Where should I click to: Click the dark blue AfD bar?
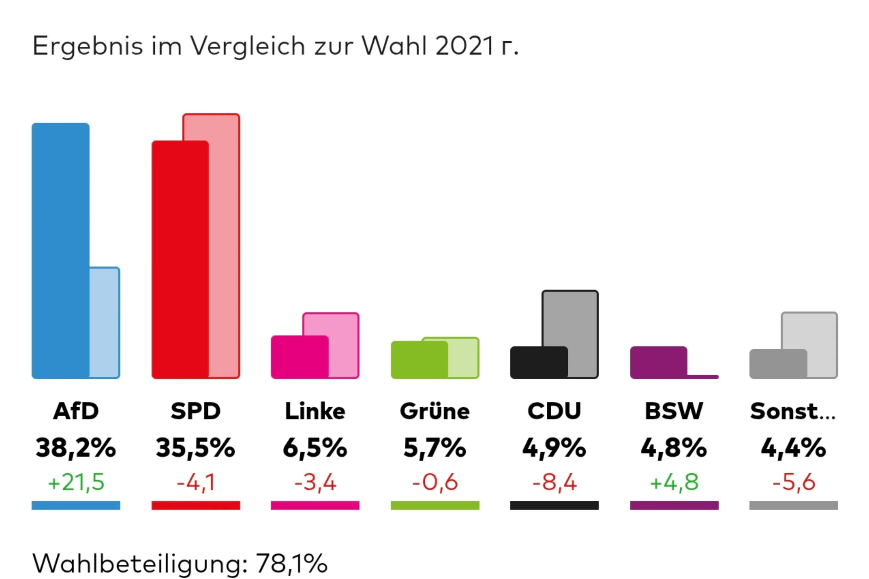(x=60, y=250)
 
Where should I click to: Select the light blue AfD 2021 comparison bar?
(x=105, y=323)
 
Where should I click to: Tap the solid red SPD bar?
(x=180, y=259)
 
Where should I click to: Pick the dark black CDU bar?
(x=539, y=362)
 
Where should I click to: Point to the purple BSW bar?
(x=658, y=362)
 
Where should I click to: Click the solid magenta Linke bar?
(x=300, y=357)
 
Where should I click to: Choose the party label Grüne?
(x=435, y=411)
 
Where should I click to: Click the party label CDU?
(x=554, y=411)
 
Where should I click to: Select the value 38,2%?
(x=76, y=448)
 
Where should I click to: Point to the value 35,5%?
(x=195, y=448)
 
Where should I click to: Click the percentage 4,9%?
(x=554, y=448)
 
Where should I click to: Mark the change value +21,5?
(x=76, y=482)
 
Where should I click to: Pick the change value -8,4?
(x=554, y=482)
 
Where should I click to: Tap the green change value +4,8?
(x=674, y=482)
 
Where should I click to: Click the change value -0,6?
(x=435, y=482)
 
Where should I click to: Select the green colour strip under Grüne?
(x=435, y=505)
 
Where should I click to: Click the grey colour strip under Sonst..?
(x=794, y=505)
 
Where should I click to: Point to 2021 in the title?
(x=465, y=46)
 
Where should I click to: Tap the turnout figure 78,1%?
(x=291, y=563)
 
